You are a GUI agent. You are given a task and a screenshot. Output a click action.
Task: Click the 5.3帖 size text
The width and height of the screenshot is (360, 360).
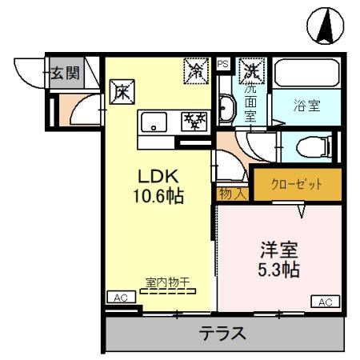tap(276, 269)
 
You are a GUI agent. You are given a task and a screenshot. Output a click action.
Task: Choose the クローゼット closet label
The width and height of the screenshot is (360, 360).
tap(297, 184)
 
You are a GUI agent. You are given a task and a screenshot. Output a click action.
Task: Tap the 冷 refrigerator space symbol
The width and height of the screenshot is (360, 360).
tap(196, 71)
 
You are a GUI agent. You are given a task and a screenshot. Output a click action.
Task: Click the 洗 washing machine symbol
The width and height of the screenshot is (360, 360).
tap(251, 71)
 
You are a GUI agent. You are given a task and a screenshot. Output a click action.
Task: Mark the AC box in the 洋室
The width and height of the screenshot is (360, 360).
tap(323, 302)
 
